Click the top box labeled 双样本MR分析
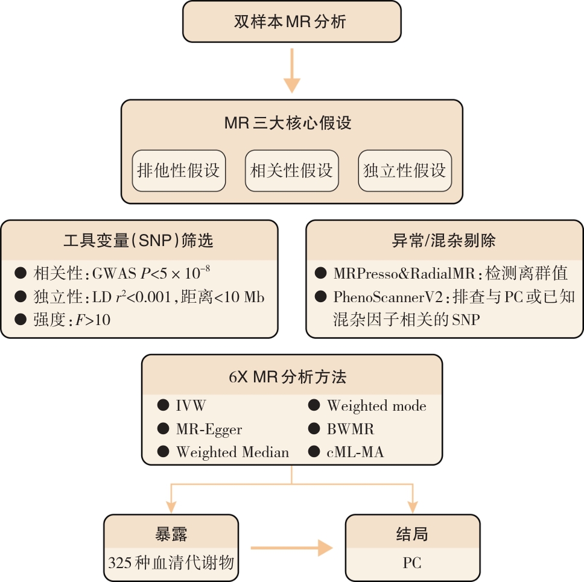291,22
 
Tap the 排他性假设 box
179,171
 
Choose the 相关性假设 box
292,171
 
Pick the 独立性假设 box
405,171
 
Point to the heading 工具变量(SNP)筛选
139,241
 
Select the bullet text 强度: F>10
72,320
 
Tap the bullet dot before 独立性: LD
21,297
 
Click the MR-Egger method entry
209,429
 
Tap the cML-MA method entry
355,452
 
